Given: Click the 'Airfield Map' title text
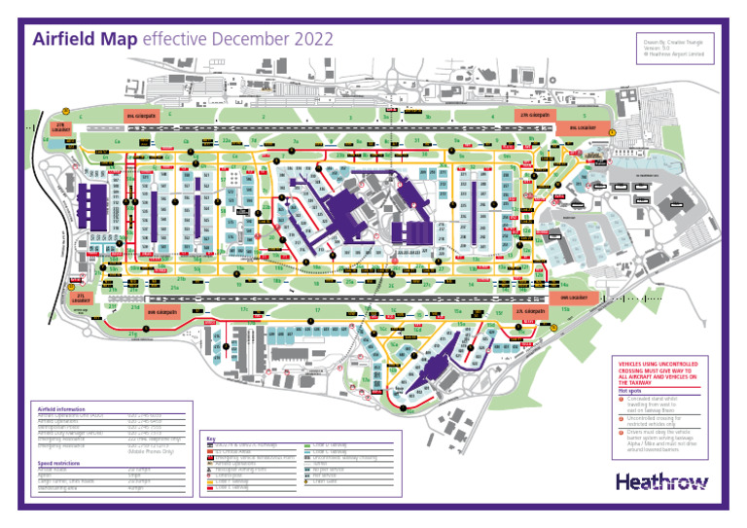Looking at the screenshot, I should pos(86,40).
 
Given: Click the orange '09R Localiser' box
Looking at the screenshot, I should pos(574,297).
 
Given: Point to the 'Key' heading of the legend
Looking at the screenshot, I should pos(211,439).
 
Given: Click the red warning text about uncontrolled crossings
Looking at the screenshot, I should pos(658,373).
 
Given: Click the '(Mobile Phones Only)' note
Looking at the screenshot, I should pos(151,452).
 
